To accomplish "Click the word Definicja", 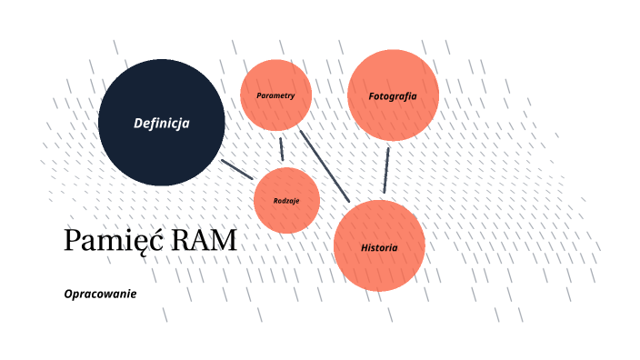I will [x=161, y=124].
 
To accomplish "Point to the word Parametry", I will [x=275, y=95].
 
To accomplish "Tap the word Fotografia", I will [x=393, y=95].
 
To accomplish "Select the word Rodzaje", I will [x=286, y=200].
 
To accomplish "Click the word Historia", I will [x=379, y=247].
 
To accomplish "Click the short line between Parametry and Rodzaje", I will [x=282, y=148].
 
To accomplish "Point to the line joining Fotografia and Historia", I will [x=386, y=169].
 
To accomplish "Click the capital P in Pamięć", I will [x=72, y=241].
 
